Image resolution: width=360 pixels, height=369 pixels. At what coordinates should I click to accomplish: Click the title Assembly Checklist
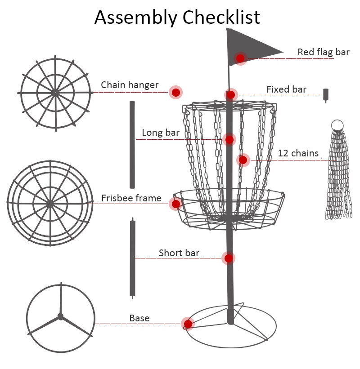(177, 17)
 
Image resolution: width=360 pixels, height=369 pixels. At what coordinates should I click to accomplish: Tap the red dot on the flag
(240, 58)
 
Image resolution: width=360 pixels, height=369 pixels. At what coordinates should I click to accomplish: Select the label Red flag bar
(323, 52)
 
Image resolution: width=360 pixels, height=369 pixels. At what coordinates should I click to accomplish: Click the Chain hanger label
(130, 85)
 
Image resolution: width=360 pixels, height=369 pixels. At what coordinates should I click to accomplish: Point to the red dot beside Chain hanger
(176, 92)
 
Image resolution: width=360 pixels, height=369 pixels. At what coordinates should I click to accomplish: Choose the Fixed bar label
(286, 89)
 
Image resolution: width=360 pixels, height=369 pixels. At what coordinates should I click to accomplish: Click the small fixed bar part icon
(326, 95)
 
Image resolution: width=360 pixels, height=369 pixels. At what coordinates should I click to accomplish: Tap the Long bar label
(161, 133)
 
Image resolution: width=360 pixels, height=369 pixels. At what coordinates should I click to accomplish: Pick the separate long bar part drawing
(132, 144)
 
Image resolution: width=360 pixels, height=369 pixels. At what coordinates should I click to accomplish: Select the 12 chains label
(298, 153)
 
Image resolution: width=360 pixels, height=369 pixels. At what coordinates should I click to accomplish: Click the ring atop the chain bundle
(337, 125)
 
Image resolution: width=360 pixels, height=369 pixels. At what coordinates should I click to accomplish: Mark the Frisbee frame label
(131, 198)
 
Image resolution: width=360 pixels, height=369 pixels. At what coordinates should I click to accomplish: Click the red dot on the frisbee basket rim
(176, 204)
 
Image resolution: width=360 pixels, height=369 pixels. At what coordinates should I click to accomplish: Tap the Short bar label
(179, 253)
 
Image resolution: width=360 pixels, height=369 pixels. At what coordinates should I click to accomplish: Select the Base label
(139, 318)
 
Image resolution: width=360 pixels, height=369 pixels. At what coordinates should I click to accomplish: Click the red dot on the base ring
(188, 324)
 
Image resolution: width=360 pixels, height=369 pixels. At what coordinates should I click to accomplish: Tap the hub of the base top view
(60, 316)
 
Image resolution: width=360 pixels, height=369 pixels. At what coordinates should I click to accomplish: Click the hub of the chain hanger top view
(55, 92)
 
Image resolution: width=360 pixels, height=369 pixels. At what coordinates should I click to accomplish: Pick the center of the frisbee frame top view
(50, 203)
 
